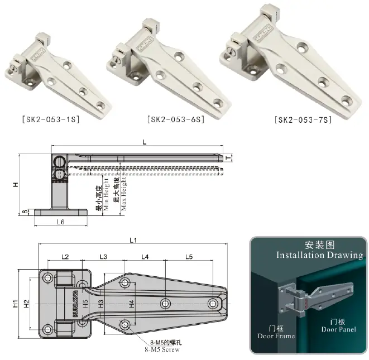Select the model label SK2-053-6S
(x=175, y=119)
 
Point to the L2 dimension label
(x=65, y=257)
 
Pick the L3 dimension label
(x=103, y=257)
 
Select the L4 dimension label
(x=145, y=257)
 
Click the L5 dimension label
(x=189, y=257)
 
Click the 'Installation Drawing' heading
(x=311, y=255)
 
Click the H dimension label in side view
(x=16, y=185)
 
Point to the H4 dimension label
(x=131, y=304)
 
